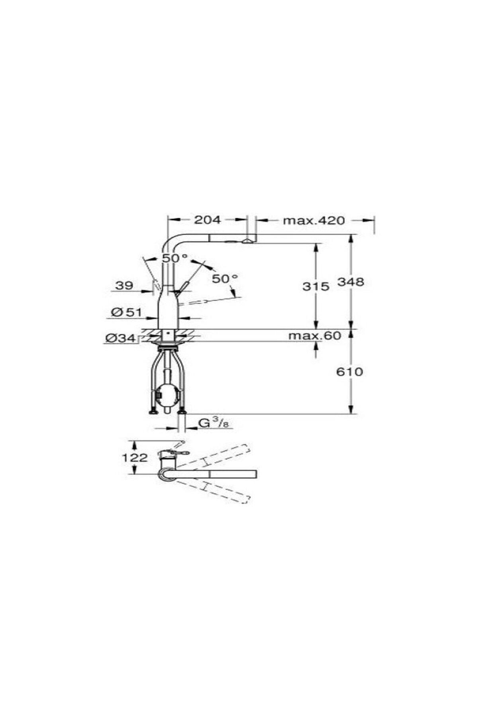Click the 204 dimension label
(207, 219)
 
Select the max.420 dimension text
(313, 220)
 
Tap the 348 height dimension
(351, 282)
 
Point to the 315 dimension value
(316, 286)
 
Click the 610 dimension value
(350, 372)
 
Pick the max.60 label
(315, 336)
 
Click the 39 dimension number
(124, 285)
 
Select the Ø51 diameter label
(127, 312)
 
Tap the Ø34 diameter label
(121, 339)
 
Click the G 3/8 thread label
(214, 423)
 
